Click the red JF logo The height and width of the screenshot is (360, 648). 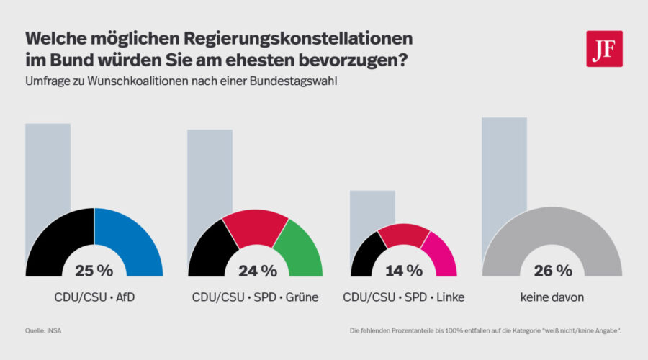tap(604, 49)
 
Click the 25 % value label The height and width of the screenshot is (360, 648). tap(94, 271)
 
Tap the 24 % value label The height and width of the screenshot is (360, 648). tap(258, 271)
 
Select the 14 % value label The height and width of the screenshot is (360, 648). tap(403, 271)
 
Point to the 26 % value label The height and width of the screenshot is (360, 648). tap(553, 271)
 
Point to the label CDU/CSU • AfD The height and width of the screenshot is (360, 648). tap(94, 297)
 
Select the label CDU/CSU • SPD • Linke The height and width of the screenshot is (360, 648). tap(403, 297)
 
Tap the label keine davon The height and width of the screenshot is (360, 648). tap(553, 297)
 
